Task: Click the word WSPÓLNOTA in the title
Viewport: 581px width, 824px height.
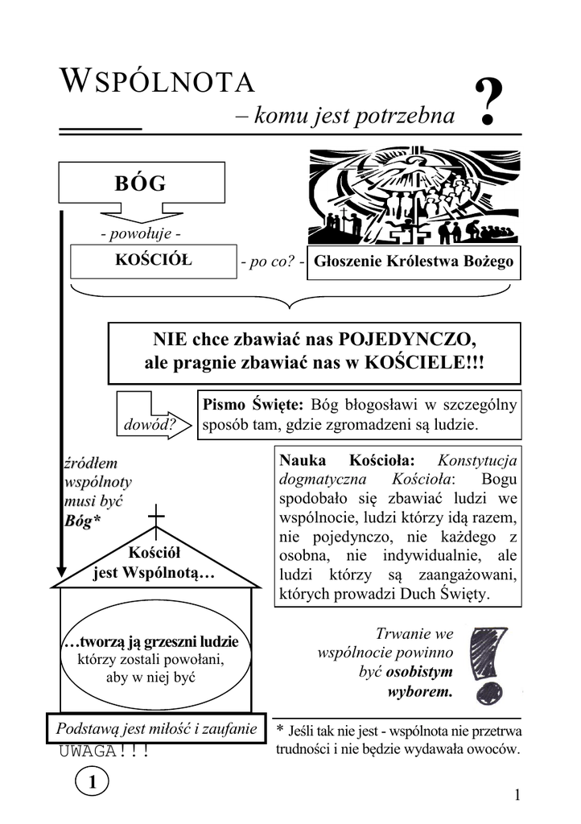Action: click(158, 82)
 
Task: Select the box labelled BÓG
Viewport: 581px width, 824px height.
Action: click(141, 183)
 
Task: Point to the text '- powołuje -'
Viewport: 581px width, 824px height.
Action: click(140, 233)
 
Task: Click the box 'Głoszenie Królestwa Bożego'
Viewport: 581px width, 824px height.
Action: click(414, 262)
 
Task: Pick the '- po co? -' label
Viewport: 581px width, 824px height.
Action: click(271, 262)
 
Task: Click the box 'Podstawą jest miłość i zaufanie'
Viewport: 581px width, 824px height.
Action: click(156, 729)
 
